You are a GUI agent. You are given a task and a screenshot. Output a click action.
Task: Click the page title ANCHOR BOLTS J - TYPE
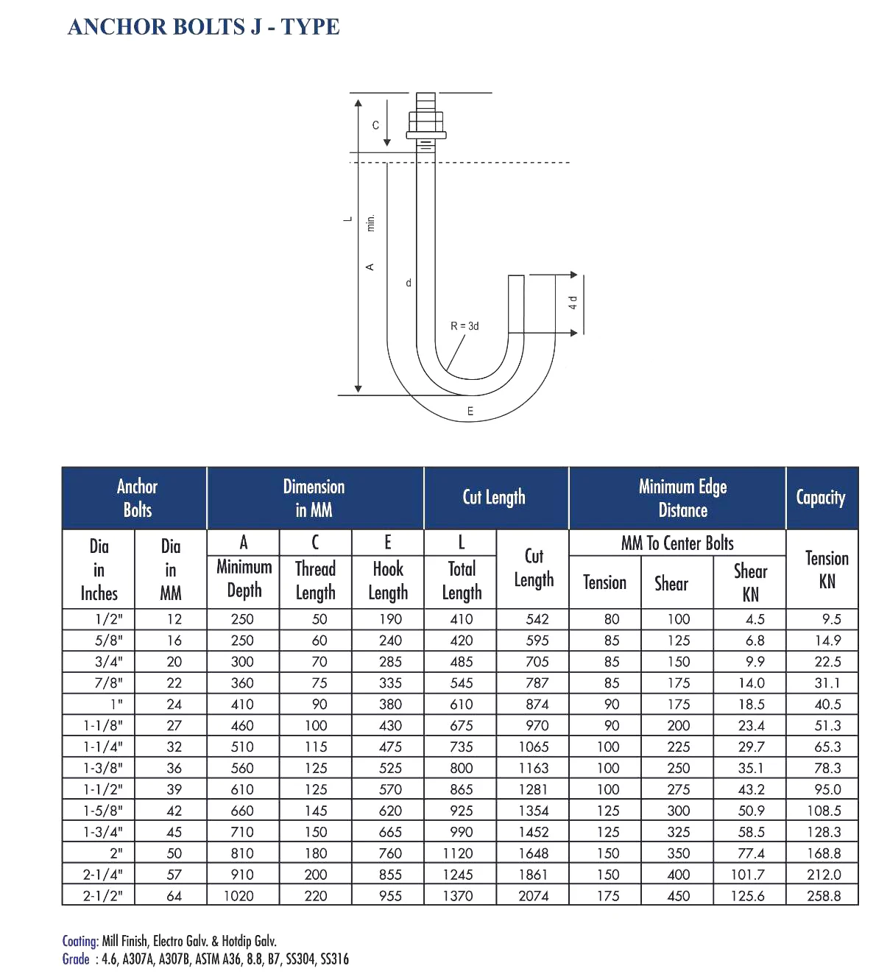tap(203, 27)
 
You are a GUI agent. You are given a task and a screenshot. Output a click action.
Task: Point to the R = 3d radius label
tap(465, 326)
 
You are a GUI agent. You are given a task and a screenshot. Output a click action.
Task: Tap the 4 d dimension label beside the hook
tap(573, 303)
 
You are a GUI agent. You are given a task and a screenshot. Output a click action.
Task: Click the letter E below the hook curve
tap(470, 411)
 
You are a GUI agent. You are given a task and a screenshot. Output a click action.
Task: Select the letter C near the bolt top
tap(375, 125)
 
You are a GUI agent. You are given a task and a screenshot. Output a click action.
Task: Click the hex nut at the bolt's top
tap(425, 121)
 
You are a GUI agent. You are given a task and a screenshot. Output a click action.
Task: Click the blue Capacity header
tap(821, 498)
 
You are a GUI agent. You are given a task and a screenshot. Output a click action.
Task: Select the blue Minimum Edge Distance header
tap(682, 498)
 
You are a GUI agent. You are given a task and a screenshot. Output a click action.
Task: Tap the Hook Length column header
tap(388, 579)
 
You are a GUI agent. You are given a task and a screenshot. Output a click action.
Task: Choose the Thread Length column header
tap(315, 579)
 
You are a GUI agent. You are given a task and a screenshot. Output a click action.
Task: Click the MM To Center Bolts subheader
tap(677, 543)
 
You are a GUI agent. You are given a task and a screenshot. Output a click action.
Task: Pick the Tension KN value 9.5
tap(831, 619)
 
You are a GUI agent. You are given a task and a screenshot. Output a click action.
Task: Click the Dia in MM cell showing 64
tap(174, 896)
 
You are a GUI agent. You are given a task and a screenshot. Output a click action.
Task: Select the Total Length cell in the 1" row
tap(462, 705)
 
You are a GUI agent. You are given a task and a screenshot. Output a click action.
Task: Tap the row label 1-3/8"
tap(103, 768)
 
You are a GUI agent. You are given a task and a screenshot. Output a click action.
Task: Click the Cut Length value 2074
tap(533, 896)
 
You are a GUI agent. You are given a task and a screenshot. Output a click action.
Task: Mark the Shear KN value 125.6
tap(747, 896)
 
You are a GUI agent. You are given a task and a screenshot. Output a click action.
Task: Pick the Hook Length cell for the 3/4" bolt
tap(390, 662)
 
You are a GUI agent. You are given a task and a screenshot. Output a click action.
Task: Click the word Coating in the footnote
tap(80, 941)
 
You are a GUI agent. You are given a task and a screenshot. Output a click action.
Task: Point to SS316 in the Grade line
tap(334, 959)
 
